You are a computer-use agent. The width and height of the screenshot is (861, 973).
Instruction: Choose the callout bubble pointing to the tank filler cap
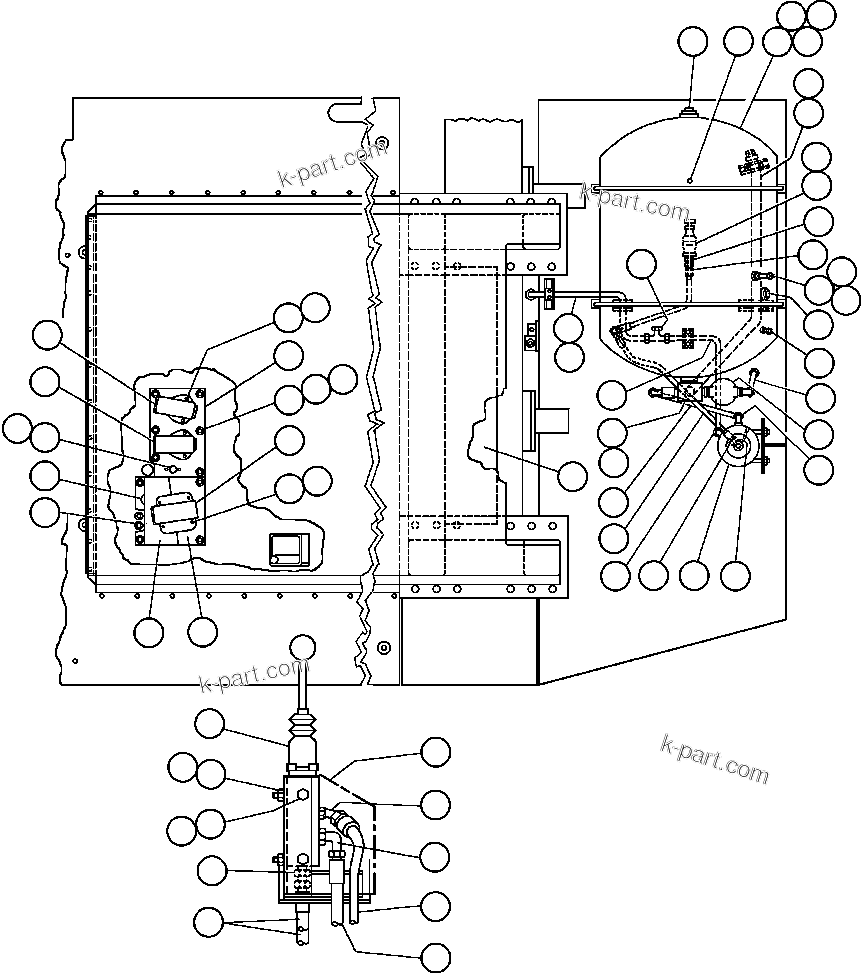[x=692, y=42]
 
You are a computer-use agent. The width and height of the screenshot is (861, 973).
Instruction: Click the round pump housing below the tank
[x=739, y=449]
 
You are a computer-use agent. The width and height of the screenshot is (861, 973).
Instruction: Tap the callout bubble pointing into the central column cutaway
[x=572, y=477]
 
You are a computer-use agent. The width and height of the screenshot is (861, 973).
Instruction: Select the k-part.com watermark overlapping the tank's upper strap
[x=634, y=203]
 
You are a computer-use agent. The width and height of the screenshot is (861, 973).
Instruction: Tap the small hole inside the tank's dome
[x=691, y=180]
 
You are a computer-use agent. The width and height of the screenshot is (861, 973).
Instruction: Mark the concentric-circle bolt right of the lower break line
[x=383, y=647]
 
